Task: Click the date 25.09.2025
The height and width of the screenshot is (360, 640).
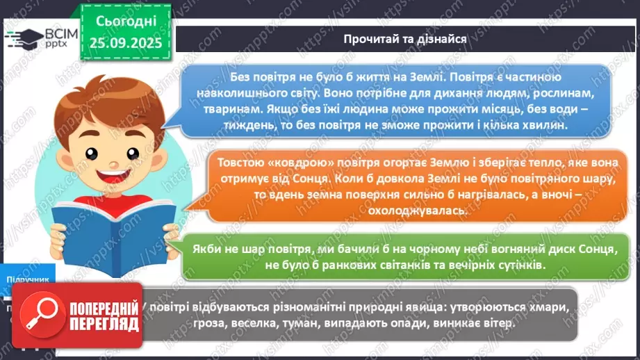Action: tap(126, 42)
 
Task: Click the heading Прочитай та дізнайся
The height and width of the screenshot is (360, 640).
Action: tap(404, 38)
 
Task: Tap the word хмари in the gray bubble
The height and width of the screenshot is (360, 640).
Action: tap(545, 308)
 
